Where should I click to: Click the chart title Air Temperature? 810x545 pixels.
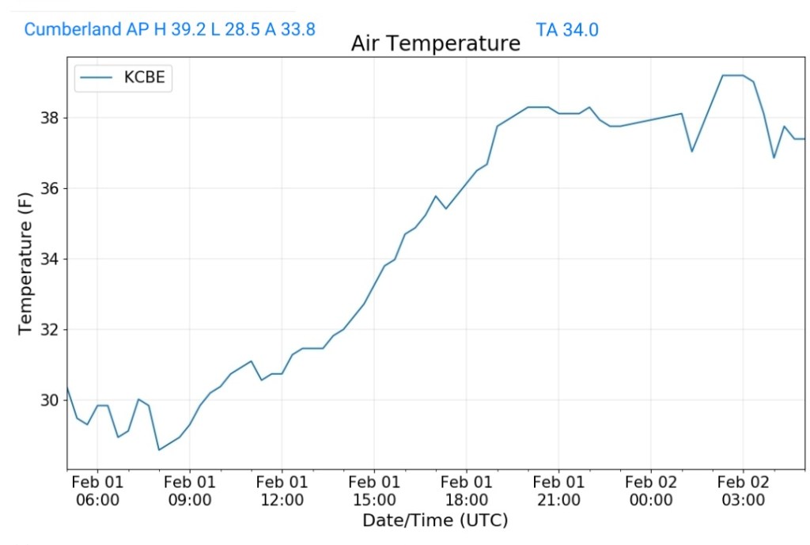[435, 44]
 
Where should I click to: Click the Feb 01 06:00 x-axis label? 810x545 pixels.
[97, 490]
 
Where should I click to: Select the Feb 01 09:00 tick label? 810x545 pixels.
[190, 490]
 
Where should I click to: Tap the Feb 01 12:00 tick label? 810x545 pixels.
[282, 490]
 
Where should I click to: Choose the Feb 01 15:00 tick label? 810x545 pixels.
[374, 490]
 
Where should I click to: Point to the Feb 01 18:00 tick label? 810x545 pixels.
[466, 490]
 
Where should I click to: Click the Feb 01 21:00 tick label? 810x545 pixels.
[558, 490]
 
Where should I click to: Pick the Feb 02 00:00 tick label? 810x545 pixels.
[651, 490]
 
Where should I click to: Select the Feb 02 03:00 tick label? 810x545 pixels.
[743, 490]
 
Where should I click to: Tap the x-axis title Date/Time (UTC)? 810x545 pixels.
[435, 520]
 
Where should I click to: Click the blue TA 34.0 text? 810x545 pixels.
[567, 30]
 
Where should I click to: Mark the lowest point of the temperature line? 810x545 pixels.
[159, 450]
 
